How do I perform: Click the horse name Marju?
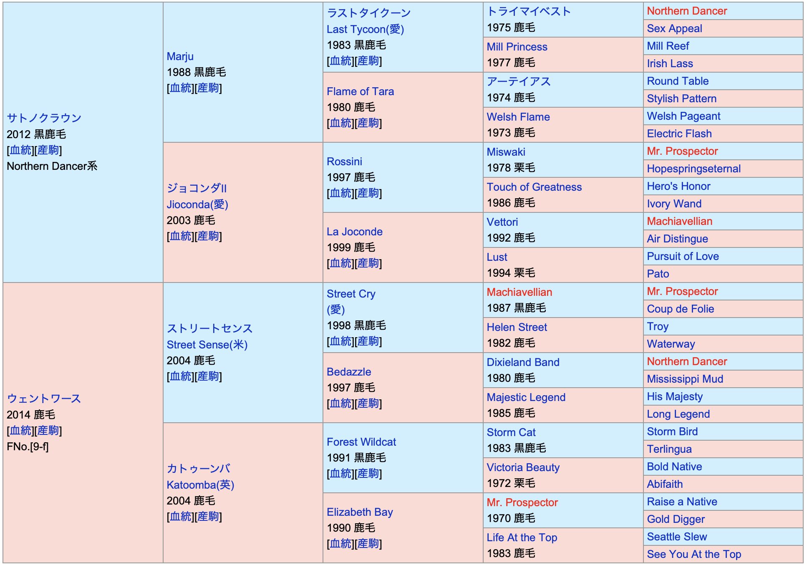(180, 56)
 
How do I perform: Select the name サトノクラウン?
(44, 118)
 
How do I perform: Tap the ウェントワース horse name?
(44, 399)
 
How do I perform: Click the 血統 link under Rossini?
(340, 193)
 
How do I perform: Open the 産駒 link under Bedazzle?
(368, 404)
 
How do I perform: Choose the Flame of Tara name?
(360, 91)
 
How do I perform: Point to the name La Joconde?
(354, 232)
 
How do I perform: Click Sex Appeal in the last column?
(674, 28)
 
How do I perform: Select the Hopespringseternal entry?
(694, 169)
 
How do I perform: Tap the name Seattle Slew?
(677, 537)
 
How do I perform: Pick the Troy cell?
(658, 326)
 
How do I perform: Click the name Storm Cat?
(511, 432)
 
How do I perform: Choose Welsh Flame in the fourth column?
(518, 117)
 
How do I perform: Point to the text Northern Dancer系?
(52, 166)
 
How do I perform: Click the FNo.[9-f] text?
(28, 446)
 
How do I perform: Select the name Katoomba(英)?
(200, 485)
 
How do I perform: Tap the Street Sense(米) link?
(207, 345)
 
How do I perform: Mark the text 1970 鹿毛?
(511, 518)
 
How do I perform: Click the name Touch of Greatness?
(534, 187)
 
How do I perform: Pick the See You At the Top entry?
(694, 554)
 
